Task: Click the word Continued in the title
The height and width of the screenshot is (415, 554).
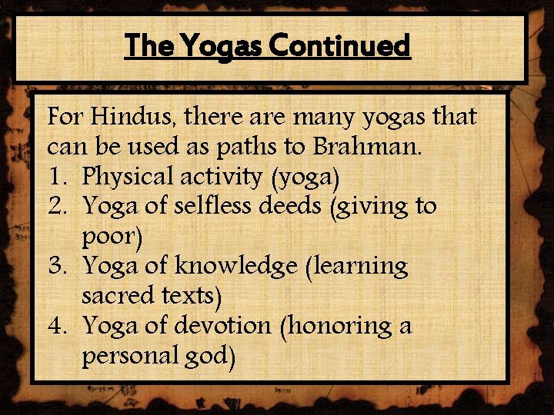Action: point(342,47)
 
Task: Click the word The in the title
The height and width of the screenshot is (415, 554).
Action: point(150,47)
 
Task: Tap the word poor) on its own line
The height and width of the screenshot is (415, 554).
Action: point(112,236)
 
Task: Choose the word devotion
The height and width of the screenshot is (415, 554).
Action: point(221,326)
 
